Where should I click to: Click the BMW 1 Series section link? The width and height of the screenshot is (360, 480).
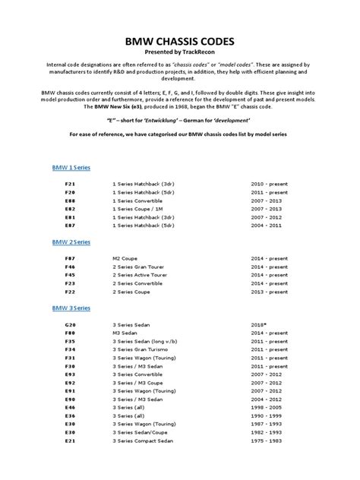[71, 166]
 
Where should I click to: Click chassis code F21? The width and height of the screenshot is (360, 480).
[71, 185]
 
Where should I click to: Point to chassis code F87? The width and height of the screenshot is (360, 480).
[71, 258]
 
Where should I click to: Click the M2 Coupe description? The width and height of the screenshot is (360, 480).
[125, 258]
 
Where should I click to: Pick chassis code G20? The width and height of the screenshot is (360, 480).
[71, 325]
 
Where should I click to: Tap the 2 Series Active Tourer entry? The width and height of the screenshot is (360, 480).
[141, 275]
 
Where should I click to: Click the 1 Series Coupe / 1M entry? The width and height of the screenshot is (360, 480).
[137, 208]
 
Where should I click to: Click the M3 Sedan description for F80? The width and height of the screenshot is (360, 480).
[125, 333]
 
